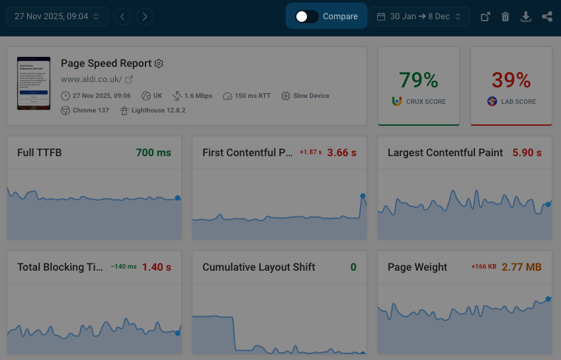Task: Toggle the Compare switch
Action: click(x=307, y=17)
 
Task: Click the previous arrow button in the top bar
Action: click(x=122, y=17)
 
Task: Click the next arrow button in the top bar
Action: click(x=145, y=17)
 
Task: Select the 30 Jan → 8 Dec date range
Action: click(x=419, y=17)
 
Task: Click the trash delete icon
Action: click(x=505, y=17)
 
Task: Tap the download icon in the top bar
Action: click(x=526, y=17)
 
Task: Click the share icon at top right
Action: click(x=546, y=17)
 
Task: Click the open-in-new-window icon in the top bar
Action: click(x=485, y=17)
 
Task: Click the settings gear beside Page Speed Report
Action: click(x=159, y=64)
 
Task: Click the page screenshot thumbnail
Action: click(x=33, y=83)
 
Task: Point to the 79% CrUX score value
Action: click(x=418, y=81)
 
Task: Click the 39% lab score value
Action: click(x=511, y=81)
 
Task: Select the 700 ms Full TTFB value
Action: click(x=153, y=153)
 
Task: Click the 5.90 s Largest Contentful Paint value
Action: click(x=527, y=153)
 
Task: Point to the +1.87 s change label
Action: click(x=311, y=153)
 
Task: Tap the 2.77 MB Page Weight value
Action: click(x=521, y=267)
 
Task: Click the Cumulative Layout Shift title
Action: click(x=259, y=267)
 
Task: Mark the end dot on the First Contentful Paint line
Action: click(x=363, y=195)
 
